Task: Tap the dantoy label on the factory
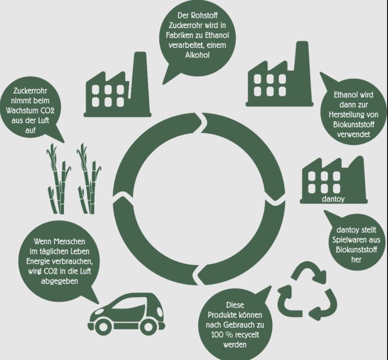click(334, 199)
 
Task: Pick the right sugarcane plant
click(87, 180)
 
